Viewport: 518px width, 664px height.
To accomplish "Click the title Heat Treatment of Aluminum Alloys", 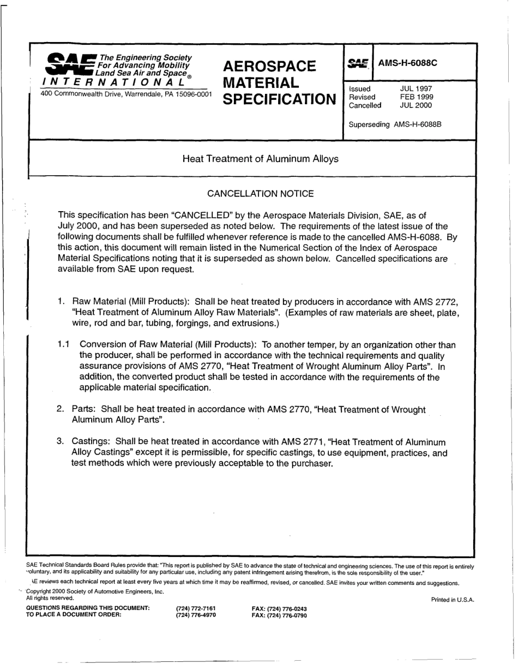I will click(260, 159).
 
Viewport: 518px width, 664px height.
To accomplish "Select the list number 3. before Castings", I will click(62, 441).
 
